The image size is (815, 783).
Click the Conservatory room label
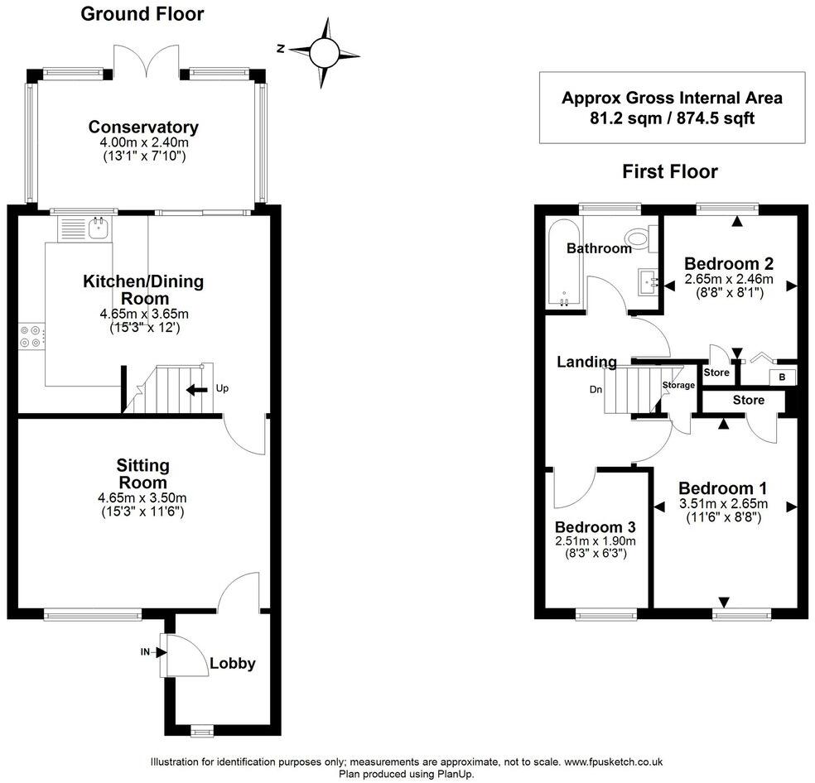(x=143, y=127)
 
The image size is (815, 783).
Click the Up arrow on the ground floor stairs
(x=197, y=389)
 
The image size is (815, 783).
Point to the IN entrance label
(x=145, y=651)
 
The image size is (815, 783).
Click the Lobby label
(x=233, y=664)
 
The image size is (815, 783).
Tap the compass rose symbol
(x=325, y=52)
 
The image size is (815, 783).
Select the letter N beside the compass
(x=282, y=49)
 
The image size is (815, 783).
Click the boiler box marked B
(x=782, y=377)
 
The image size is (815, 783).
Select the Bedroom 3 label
(x=596, y=527)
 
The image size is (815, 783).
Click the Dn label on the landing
(x=596, y=389)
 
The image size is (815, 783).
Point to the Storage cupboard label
(x=678, y=385)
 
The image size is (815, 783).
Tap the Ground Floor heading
(x=142, y=14)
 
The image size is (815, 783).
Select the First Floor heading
(x=670, y=171)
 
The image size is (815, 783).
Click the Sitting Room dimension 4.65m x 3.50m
(x=142, y=497)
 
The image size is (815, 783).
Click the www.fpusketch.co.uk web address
(x=614, y=762)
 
